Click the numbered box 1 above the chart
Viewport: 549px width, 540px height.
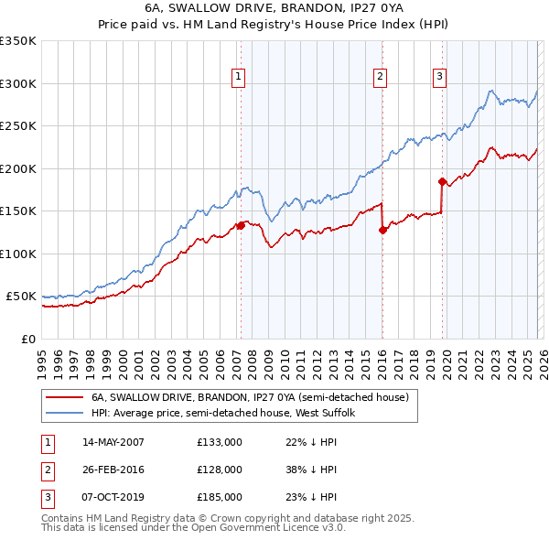tap(238, 77)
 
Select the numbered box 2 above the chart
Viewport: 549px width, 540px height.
tap(380, 77)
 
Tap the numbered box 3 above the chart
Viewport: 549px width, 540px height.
tap(439, 77)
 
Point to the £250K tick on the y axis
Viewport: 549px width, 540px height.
tap(18, 126)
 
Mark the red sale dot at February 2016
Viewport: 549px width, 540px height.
tap(382, 230)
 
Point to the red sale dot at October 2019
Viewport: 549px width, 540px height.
tap(442, 181)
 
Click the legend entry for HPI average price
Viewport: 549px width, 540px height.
tap(229, 414)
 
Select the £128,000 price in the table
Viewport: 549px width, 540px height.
tap(220, 470)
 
